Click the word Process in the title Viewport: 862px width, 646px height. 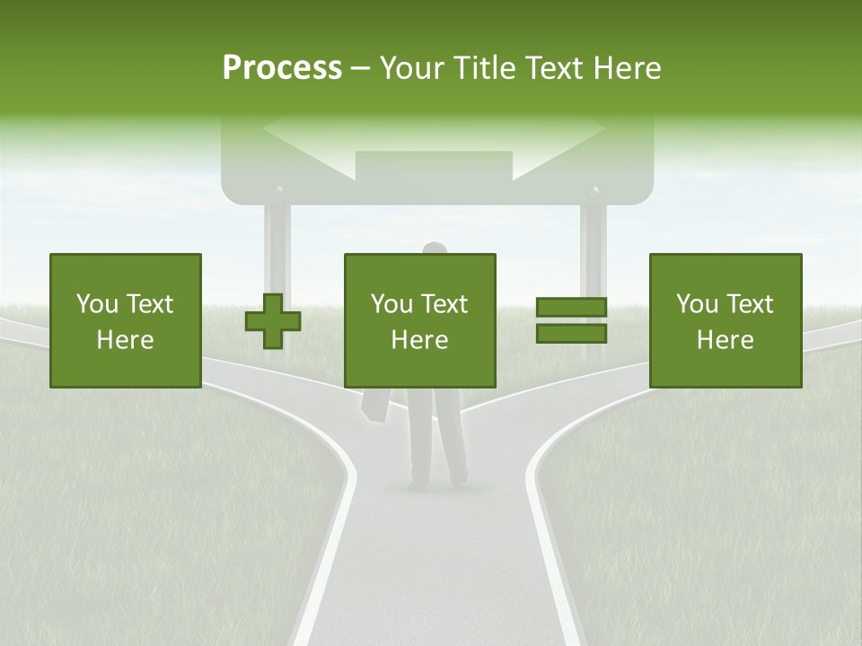(282, 68)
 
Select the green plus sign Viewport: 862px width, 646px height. (273, 322)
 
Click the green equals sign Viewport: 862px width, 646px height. (571, 320)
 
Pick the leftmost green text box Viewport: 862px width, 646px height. (125, 320)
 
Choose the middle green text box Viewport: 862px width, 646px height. (419, 320)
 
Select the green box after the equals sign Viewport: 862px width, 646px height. (725, 320)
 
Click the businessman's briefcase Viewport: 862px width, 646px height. (375, 406)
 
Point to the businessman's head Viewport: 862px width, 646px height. (435, 249)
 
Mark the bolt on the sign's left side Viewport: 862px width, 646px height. (279, 191)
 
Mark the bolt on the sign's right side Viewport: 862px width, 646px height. (593, 190)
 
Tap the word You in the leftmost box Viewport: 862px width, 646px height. (97, 304)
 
